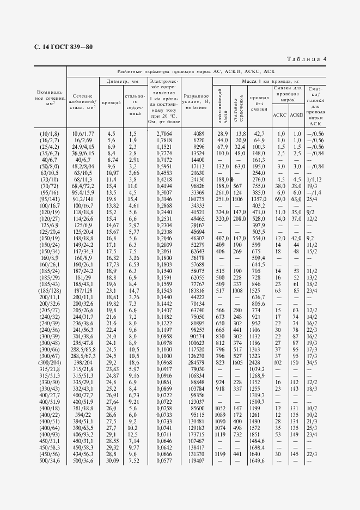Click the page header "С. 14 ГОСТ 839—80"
pos(63,47)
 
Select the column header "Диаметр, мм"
pos(123,81)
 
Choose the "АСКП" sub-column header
pos(296,115)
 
